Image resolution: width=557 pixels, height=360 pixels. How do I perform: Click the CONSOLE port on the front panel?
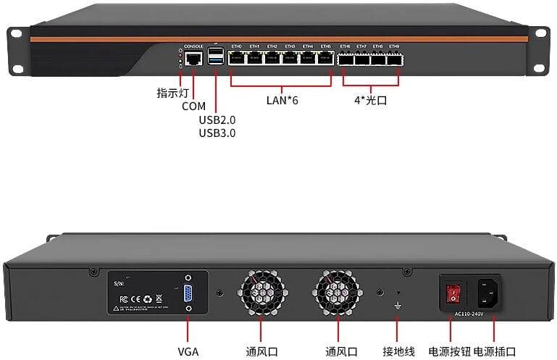tap(193, 59)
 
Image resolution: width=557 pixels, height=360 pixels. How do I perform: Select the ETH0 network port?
tap(237, 59)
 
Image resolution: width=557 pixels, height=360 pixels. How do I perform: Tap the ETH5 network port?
tap(325, 59)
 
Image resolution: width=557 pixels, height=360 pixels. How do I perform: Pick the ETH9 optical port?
tap(395, 59)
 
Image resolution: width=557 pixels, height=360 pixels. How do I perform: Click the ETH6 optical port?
tap(345, 59)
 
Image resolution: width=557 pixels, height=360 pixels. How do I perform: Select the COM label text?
tap(193, 106)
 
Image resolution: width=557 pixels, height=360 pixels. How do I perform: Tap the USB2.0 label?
tap(217, 120)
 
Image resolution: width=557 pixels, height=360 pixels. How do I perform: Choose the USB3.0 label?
tap(217, 133)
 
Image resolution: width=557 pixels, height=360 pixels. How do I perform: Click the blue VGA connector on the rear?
tap(188, 293)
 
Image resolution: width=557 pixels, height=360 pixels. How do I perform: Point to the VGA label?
tap(188, 352)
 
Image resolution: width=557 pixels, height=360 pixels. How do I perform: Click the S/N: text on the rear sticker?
tap(120, 285)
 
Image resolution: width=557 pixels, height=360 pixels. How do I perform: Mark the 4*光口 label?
tap(370, 101)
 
